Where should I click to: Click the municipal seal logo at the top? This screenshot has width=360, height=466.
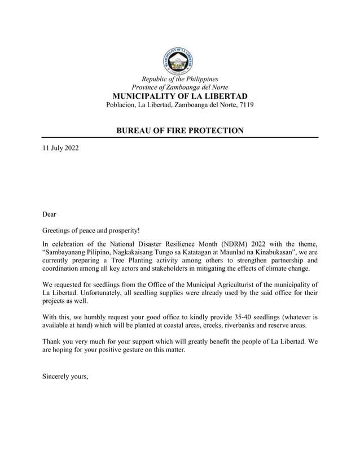(x=179, y=59)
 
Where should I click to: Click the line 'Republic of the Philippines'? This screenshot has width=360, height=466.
(x=179, y=79)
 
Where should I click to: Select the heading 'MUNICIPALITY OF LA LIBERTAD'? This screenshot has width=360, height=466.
(x=179, y=96)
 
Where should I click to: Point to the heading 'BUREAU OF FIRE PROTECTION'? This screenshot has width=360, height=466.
(x=179, y=131)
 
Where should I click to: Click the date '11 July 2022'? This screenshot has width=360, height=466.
(x=61, y=149)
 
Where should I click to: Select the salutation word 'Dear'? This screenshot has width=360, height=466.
(x=50, y=214)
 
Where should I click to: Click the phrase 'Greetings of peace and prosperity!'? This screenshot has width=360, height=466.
(x=91, y=231)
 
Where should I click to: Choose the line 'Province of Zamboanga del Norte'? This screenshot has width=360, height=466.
(x=179, y=87)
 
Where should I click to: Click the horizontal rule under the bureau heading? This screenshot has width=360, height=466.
(x=179, y=138)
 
